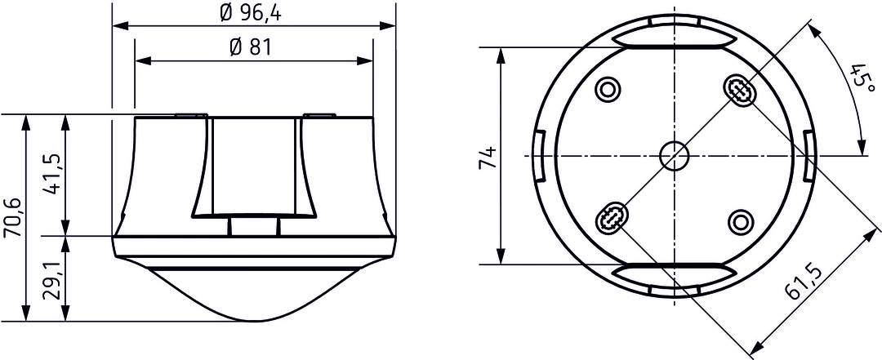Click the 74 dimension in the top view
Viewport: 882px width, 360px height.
(487, 157)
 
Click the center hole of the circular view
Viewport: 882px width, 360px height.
(675, 155)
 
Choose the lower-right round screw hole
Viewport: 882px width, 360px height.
(741, 221)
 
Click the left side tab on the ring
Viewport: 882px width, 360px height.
(540, 155)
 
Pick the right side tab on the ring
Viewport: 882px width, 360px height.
(807, 155)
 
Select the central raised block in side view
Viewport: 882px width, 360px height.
(253, 167)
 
